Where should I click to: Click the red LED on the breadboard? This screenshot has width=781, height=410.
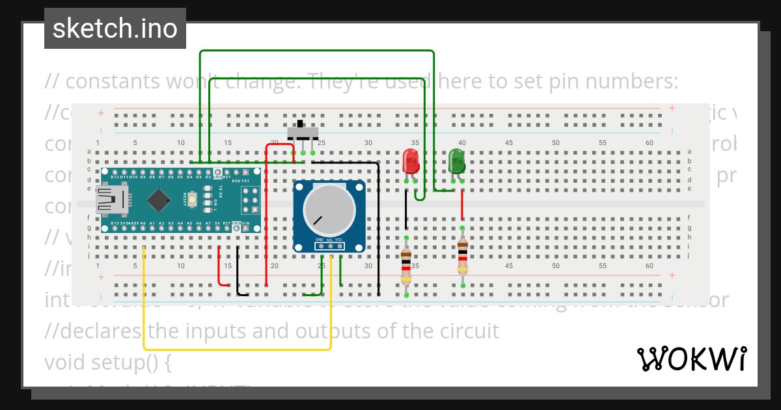pyautogui.click(x=410, y=161)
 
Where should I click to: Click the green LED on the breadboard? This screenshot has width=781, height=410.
pyautogui.click(x=457, y=161)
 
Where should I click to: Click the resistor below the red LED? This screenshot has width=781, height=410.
pyautogui.click(x=405, y=265)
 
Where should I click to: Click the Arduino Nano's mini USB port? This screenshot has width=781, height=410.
pyautogui.click(x=111, y=200)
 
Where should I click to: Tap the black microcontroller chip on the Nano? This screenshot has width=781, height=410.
pyautogui.click(x=159, y=200)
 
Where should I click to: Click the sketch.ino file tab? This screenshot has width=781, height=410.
pyautogui.click(x=115, y=29)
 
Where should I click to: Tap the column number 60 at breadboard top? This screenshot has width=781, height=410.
pyautogui.click(x=649, y=143)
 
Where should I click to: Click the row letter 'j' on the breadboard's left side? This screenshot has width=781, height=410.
pyautogui.click(x=89, y=256)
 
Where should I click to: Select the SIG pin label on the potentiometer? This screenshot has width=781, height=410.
pyautogui.click(x=329, y=240)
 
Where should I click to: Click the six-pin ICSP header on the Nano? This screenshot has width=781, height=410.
pyautogui.click(x=251, y=200)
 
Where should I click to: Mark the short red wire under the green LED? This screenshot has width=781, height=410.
pyautogui.click(x=462, y=207)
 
